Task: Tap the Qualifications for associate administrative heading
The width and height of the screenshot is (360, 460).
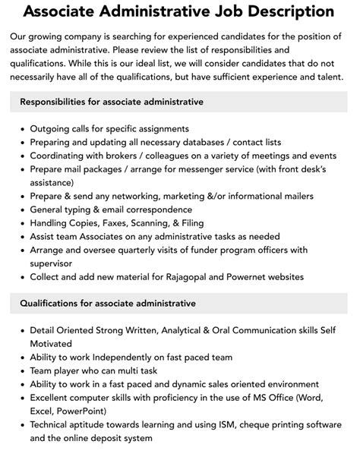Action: click(x=107, y=304)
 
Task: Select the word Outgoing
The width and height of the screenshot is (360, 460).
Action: click(x=52, y=129)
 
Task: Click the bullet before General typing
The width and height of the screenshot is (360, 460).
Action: click(x=21, y=210)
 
